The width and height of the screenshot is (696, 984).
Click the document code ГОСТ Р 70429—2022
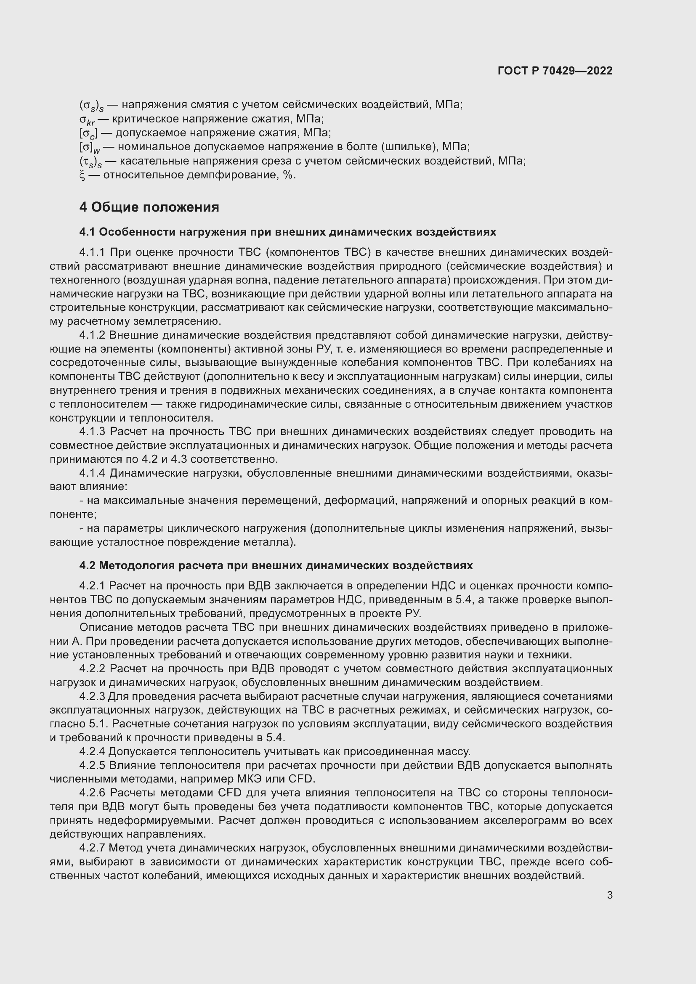(x=555, y=71)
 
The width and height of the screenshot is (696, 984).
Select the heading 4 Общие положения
(x=149, y=207)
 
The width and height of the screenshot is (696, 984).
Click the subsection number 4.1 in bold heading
(x=88, y=232)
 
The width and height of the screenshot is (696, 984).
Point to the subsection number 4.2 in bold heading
(x=88, y=565)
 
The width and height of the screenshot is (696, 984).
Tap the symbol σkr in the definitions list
(x=87, y=119)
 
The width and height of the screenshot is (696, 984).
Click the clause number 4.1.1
(x=92, y=252)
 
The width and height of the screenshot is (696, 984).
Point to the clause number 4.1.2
(x=92, y=335)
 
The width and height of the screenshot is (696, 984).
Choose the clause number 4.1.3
(x=92, y=431)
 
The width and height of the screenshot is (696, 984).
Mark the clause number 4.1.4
(x=92, y=473)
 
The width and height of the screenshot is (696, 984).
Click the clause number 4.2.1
(x=92, y=586)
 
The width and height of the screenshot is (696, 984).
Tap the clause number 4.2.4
(x=92, y=751)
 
